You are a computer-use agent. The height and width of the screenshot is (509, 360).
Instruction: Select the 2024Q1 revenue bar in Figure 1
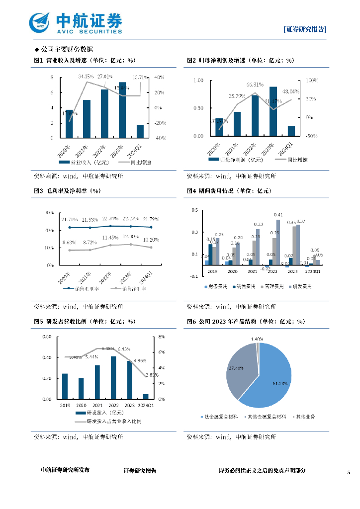140,131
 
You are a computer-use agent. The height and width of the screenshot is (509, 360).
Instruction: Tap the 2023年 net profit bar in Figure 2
273,111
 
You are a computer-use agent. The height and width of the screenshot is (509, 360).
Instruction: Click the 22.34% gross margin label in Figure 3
110,219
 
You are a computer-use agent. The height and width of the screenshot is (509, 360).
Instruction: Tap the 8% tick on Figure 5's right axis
162,337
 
